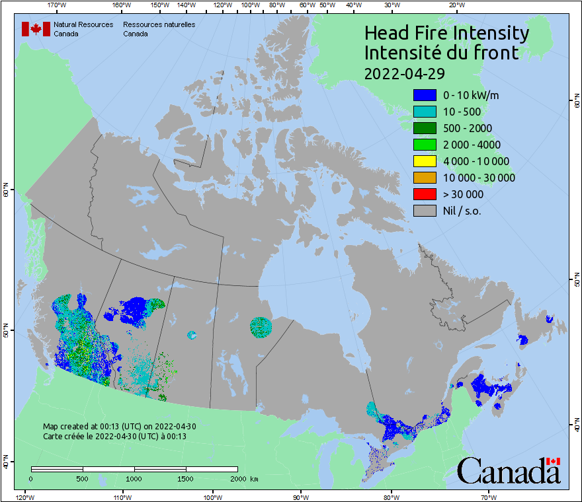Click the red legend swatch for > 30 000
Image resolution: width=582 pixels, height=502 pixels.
click(425, 194)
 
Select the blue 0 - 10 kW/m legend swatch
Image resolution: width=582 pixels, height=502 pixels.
click(425, 95)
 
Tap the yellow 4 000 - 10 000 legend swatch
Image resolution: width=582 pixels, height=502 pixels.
click(425, 161)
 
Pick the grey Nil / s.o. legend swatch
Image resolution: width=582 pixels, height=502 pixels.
click(425, 211)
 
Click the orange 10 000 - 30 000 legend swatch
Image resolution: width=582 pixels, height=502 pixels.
click(425, 178)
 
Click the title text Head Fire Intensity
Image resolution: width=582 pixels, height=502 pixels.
click(446, 33)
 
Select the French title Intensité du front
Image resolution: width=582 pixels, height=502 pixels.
click(442, 53)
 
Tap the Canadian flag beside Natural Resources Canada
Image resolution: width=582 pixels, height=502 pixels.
click(36, 29)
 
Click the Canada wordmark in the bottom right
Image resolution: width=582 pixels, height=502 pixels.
click(509, 471)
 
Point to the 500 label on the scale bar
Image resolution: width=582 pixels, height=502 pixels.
click(83, 478)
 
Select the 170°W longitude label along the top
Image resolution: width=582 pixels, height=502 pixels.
click(57, 5)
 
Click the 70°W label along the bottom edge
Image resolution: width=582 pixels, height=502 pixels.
click(487, 497)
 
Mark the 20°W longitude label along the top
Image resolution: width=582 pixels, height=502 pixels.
click(456, 5)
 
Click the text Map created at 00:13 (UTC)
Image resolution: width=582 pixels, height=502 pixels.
click(119, 427)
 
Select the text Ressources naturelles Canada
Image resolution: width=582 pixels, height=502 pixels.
click(159, 29)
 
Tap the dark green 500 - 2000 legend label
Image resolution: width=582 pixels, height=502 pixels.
click(468, 128)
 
